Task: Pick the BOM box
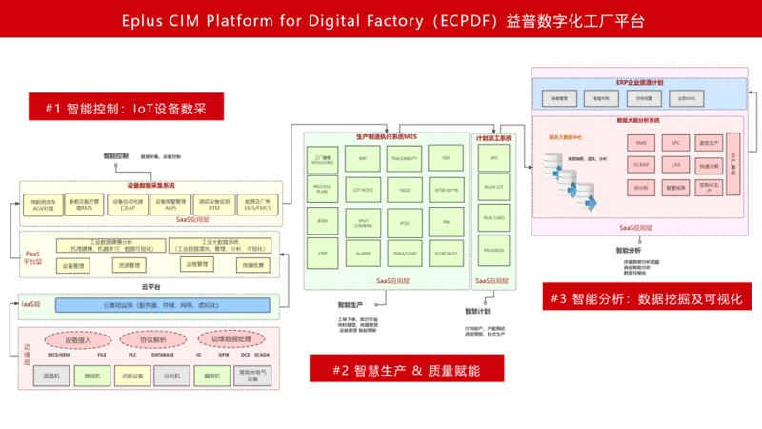coord(322,221)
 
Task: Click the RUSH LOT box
coord(494,187)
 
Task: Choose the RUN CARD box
coord(494,218)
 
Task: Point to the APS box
coord(494,158)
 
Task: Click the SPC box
coord(675,142)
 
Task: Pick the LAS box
coord(675,165)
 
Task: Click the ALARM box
coord(363,253)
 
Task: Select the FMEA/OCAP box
coord(404,253)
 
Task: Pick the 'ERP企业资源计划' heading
coord(637,84)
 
